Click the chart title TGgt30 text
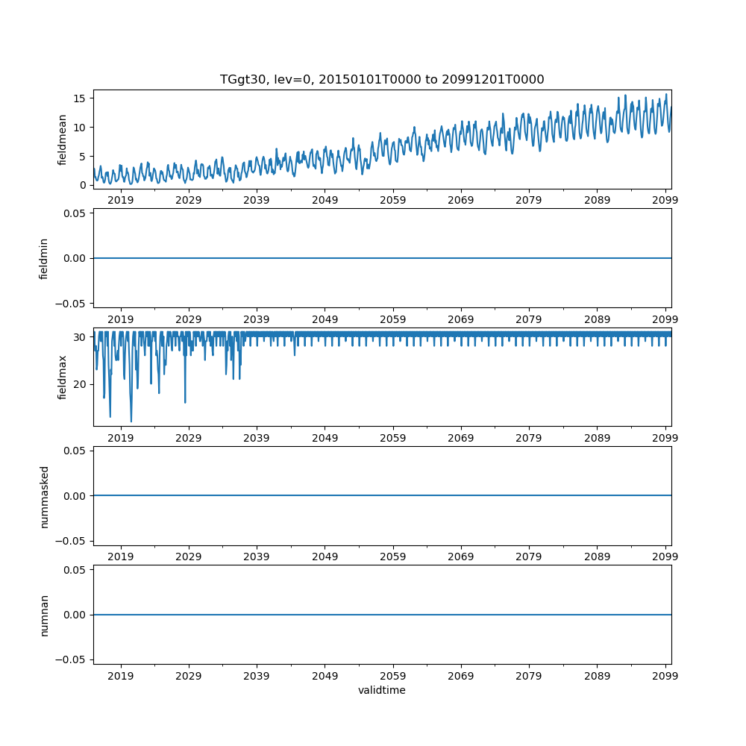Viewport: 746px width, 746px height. [x=382, y=79]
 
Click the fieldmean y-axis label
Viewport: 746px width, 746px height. [x=63, y=140]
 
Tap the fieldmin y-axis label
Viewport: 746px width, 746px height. [x=44, y=258]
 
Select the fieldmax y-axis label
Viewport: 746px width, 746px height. [x=63, y=377]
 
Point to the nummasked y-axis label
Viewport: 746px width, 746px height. [x=44, y=496]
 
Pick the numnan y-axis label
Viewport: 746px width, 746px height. [x=44, y=615]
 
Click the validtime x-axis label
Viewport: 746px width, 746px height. [x=382, y=690]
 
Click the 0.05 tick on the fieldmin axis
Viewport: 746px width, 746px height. [x=75, y=213]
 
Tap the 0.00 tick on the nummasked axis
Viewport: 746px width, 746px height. [x=75, y=496]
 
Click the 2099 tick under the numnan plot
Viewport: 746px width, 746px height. [x=665, y=676]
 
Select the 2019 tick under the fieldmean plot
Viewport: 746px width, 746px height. [x=121, y=201]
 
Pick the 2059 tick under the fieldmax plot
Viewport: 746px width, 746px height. [x=393, y=439]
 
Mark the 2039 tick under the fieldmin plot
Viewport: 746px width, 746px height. [x=257, y=319]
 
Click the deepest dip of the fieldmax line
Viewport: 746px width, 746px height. [x=131, y=421]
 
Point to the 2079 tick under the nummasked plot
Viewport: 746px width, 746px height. [x=529, y=557]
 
